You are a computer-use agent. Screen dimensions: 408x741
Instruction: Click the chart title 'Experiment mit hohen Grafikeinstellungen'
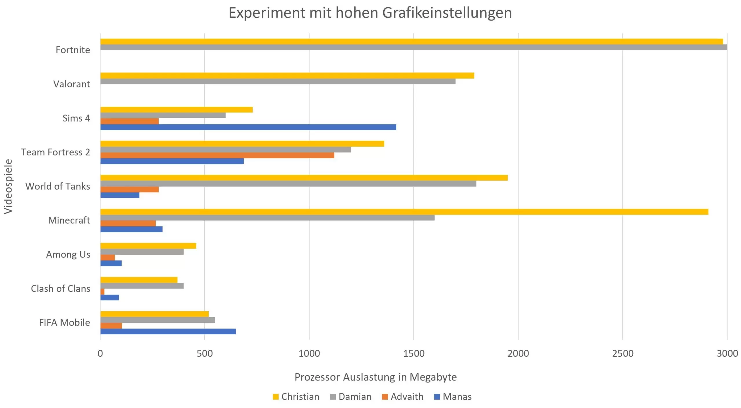370,13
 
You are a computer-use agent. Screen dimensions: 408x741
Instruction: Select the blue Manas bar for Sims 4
248,127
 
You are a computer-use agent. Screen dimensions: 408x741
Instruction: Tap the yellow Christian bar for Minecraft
404,212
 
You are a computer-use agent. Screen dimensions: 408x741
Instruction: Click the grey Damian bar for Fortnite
414,47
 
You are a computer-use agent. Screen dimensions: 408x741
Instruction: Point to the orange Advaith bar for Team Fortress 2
217,155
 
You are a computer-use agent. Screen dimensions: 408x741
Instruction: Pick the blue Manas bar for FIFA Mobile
168,331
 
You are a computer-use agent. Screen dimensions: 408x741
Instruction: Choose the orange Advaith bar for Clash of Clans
102,291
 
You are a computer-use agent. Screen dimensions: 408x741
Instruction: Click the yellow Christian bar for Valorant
287,75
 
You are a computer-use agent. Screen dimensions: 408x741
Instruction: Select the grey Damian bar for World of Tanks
288,184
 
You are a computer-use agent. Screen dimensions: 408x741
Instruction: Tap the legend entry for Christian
296,396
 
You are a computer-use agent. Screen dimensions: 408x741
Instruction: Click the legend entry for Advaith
403,396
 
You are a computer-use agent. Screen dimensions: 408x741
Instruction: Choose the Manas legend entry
453,396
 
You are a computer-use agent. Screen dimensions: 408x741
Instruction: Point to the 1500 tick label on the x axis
414,353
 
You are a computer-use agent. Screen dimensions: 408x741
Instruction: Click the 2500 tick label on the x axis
623,353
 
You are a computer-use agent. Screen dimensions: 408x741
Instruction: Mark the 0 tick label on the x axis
100,353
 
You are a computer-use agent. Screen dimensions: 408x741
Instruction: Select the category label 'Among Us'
68,254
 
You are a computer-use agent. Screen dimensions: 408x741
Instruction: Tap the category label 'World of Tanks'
58,186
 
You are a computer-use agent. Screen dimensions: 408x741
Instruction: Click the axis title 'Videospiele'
8,186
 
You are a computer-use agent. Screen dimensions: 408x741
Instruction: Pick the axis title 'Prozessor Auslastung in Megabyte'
375,377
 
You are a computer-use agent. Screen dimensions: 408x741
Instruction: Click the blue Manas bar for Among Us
111,263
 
